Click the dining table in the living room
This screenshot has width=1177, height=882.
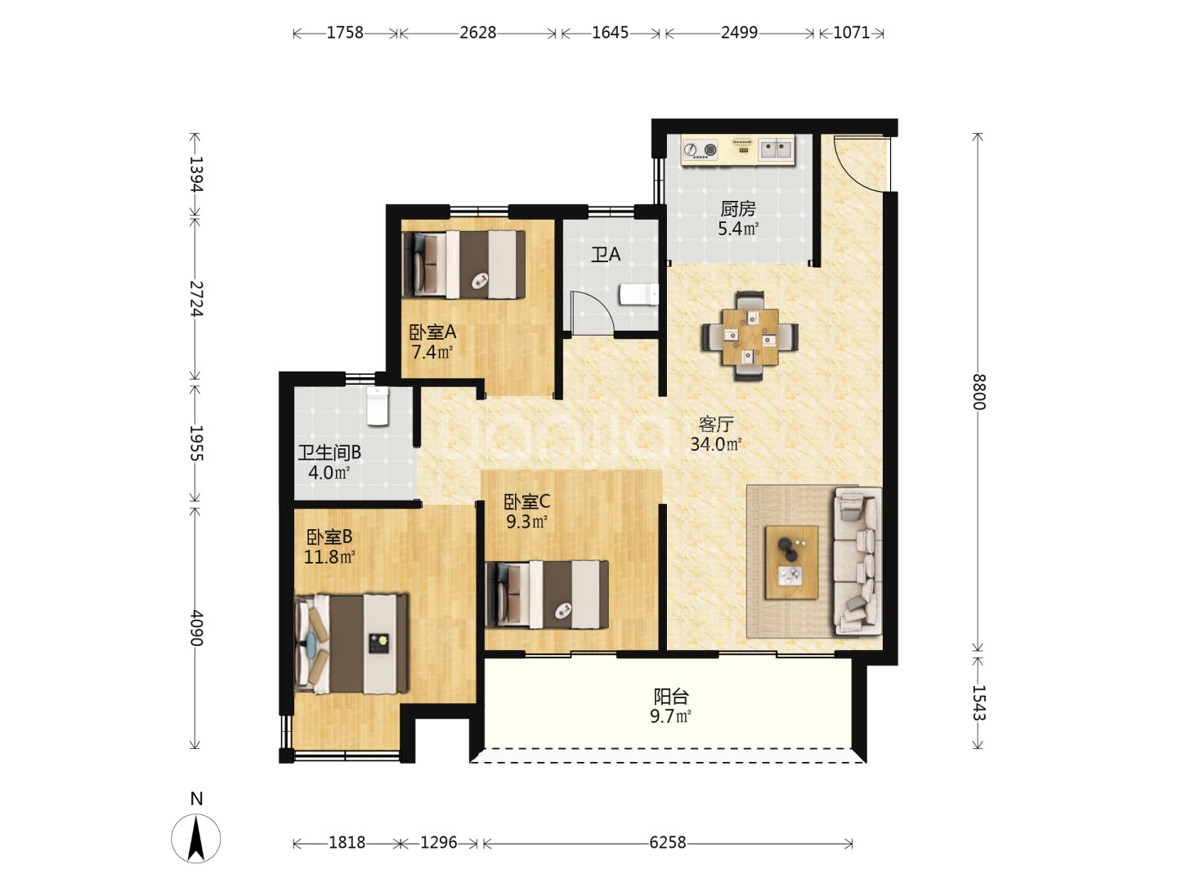click(x=750, y=336)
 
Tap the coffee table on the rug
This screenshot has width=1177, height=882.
click(x=791, y=562)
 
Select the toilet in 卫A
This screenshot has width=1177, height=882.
click(x=638, y=295)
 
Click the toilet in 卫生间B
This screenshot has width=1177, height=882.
click(x=378, y=406)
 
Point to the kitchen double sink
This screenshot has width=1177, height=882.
click(x=776, y=149)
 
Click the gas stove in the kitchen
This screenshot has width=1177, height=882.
click(x=700, y=149)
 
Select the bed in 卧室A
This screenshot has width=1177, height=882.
click(x=463, y=264)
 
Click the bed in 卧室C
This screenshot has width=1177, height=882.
click(x=547, y=595)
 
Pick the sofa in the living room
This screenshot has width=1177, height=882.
click(x=857, y=562)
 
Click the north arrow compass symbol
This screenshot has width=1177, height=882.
click(x=195, y=838)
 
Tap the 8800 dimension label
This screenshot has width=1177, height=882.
click(x=979, y=392)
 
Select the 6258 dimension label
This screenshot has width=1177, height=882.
click(x=668, y=843)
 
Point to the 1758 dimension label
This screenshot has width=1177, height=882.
click(x=345, y=33)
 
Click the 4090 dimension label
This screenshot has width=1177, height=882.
click(x=196, y=628)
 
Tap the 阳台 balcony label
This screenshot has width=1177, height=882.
click(x=671, y=697)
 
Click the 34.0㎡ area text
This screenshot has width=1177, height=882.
click(x=716, y=444)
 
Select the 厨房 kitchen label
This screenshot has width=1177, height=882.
click(x=738, y=209)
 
